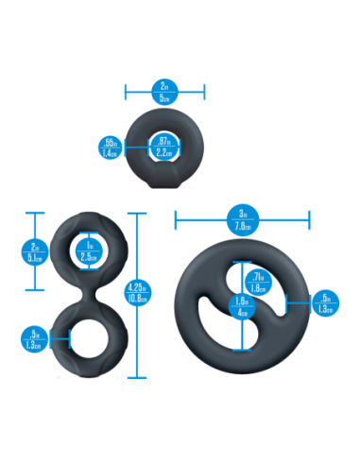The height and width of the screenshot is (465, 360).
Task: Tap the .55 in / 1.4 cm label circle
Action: [109, 146]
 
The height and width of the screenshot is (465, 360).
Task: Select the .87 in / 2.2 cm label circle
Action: [163, 146]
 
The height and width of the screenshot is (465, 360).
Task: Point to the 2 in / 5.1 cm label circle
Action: [34, 250]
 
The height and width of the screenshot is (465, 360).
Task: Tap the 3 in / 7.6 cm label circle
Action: [242, 222]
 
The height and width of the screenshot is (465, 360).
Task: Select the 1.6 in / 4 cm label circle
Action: [242, 307]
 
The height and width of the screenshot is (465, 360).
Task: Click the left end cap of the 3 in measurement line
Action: [175, 222]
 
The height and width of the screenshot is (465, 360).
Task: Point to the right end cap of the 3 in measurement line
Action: [309, 222]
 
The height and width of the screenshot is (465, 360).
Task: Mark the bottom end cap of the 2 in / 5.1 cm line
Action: [34, 290]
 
